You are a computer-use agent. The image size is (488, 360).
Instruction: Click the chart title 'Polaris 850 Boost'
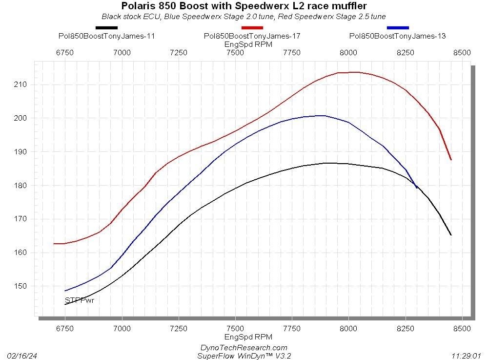[244, 6]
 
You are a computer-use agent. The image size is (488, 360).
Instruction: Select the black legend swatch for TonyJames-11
[106, 28]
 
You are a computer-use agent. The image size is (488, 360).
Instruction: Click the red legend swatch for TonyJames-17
[252, 28]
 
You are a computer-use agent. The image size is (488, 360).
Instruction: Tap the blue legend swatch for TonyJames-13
[398, 28]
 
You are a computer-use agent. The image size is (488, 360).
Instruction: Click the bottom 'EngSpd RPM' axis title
[248, 337]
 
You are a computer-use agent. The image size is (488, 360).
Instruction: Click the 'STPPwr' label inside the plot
[80, 300]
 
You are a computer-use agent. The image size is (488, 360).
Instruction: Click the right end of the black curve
[451, 235]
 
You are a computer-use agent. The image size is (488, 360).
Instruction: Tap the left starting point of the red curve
[54, 243]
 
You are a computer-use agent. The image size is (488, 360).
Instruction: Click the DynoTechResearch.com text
[244, 347]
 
